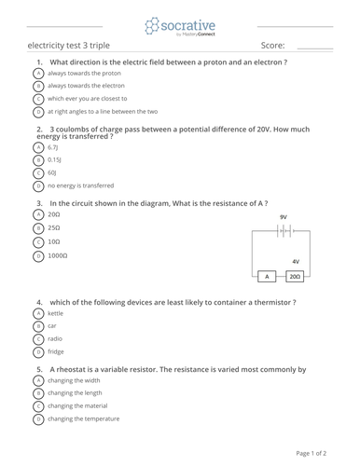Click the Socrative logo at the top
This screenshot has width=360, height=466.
pyautogui.click(x=179, y=25)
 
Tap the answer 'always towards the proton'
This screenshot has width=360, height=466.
pyautogui.click(x=85, y=73)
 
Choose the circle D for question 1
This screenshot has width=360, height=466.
pyautogui.click(x=37, y=111)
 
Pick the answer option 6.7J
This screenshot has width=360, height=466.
pyautogui.click(x=53, y=147)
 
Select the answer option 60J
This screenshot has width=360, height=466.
pyautogui.click(x=52, y=172)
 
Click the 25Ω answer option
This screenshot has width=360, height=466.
pyautogui.click(x=54, y=227)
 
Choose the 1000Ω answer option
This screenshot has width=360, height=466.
pyautogui.click(x=58, y=254)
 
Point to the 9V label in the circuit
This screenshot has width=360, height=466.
pyautogui.click(x=283, y=216)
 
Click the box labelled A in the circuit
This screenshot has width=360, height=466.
pyautogui.click(x=268, y=277)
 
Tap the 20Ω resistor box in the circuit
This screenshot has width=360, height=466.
pyautogui.click(x=294, y=277)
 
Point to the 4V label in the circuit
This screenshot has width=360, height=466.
pyautogui.click(x=296, y=262)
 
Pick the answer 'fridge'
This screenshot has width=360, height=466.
pyautogui.click(x=55, y=352)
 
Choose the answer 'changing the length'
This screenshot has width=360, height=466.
pyautogui.click(x=76, y=393)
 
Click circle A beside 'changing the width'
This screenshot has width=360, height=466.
pyautogui.click(x=37, y=380)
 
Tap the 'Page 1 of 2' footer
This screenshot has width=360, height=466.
pyautogui.click(x=311, y=453)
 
